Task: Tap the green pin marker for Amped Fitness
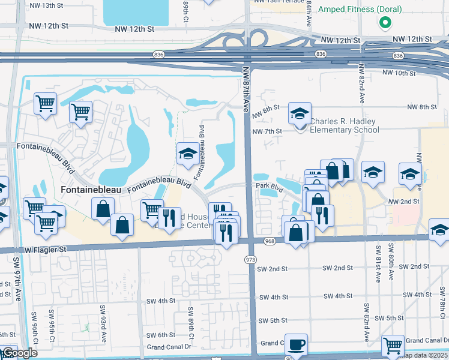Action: pos(385,23)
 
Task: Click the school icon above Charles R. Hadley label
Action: pos(300,113)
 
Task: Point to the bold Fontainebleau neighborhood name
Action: pos(91,190)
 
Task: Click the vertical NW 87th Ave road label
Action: pos(246,88)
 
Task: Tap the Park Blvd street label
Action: pos(270,187)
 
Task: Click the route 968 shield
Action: pos(268,241)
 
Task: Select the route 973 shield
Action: pos(250,259)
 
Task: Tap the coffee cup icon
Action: pos(296,344)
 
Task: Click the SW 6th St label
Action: pos(161,335)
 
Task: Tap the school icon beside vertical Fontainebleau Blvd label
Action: pos(188,154)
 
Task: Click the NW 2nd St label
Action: pos(403,202)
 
